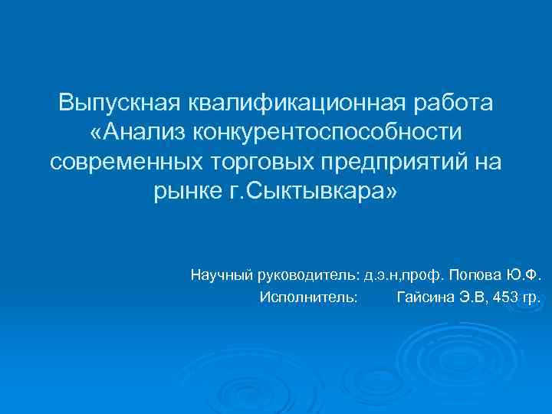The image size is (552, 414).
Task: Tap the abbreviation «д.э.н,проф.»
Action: click(x=406, y=274)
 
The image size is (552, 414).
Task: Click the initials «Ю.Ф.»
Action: click(x=525, y=274)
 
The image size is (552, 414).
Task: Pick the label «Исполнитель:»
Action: click(x=308, y=297)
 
